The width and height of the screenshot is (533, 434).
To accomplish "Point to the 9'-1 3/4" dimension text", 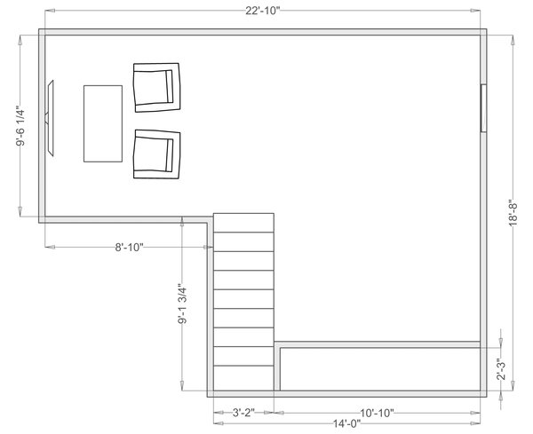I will [181, 306].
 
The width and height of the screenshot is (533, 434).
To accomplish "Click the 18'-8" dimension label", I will [513, 213].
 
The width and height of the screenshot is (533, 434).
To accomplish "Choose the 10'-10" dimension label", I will [377, 413].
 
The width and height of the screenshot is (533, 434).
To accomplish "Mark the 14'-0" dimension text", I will [348, 424].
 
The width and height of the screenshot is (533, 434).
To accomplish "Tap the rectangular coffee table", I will [102, 123].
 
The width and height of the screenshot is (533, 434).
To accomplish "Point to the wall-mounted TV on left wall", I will [51, 119].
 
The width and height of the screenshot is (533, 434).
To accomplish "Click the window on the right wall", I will [483, 107].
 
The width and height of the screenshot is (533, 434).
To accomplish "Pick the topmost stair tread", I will [243, 222].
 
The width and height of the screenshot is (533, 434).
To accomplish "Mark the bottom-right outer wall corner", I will [485, 394].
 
